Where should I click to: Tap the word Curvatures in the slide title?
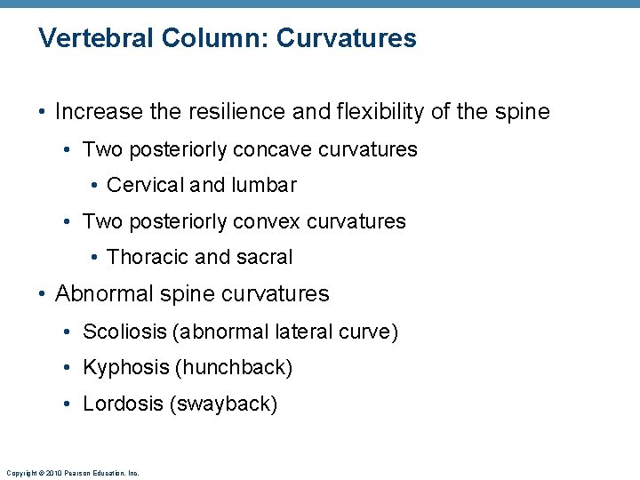coord(347,39)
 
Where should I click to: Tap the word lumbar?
coord(265,185)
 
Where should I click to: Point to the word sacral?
coord(263,258)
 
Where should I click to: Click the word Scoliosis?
coord(125,332)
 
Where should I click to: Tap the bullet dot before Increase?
coord(43,113)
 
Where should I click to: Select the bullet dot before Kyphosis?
coord(69,368)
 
